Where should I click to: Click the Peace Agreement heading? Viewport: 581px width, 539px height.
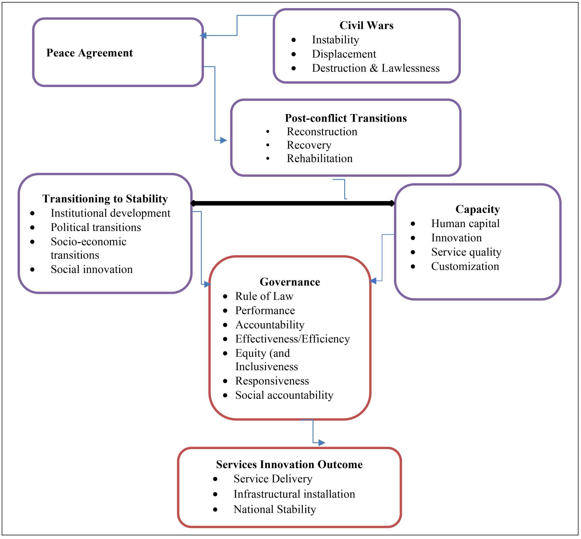coord(89,53)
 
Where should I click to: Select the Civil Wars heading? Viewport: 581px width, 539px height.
coord(366,25)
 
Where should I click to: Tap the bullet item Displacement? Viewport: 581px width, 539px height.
coord(344,54)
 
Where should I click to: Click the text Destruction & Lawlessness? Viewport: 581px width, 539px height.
coord(375,68)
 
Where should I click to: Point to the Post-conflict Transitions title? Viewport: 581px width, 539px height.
coord(346,118)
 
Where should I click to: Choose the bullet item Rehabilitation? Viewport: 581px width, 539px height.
coord(320,158)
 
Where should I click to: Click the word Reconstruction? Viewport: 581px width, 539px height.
coord(322,131)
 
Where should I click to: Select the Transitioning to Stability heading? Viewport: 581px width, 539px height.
coord(105,199)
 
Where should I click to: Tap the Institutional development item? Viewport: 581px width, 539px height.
coord(110,213)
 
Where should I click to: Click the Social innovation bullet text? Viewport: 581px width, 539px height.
coord(92,269)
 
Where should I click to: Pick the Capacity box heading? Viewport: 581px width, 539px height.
coord(478,209)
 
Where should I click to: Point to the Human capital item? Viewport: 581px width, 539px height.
coord(465,223)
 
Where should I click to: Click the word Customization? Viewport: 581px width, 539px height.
coord(465,266)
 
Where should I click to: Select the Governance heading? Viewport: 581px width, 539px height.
coord(290,282)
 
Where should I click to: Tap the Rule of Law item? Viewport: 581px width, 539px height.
coord(264,296)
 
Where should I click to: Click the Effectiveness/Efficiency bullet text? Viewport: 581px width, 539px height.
coord(293,339)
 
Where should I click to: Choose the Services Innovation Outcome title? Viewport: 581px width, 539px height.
coord(289,464)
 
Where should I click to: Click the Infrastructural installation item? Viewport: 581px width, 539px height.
coord(294,494)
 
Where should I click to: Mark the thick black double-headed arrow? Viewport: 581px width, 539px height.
coord(292,203)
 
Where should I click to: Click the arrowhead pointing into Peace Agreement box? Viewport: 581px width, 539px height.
coord(203,36)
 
